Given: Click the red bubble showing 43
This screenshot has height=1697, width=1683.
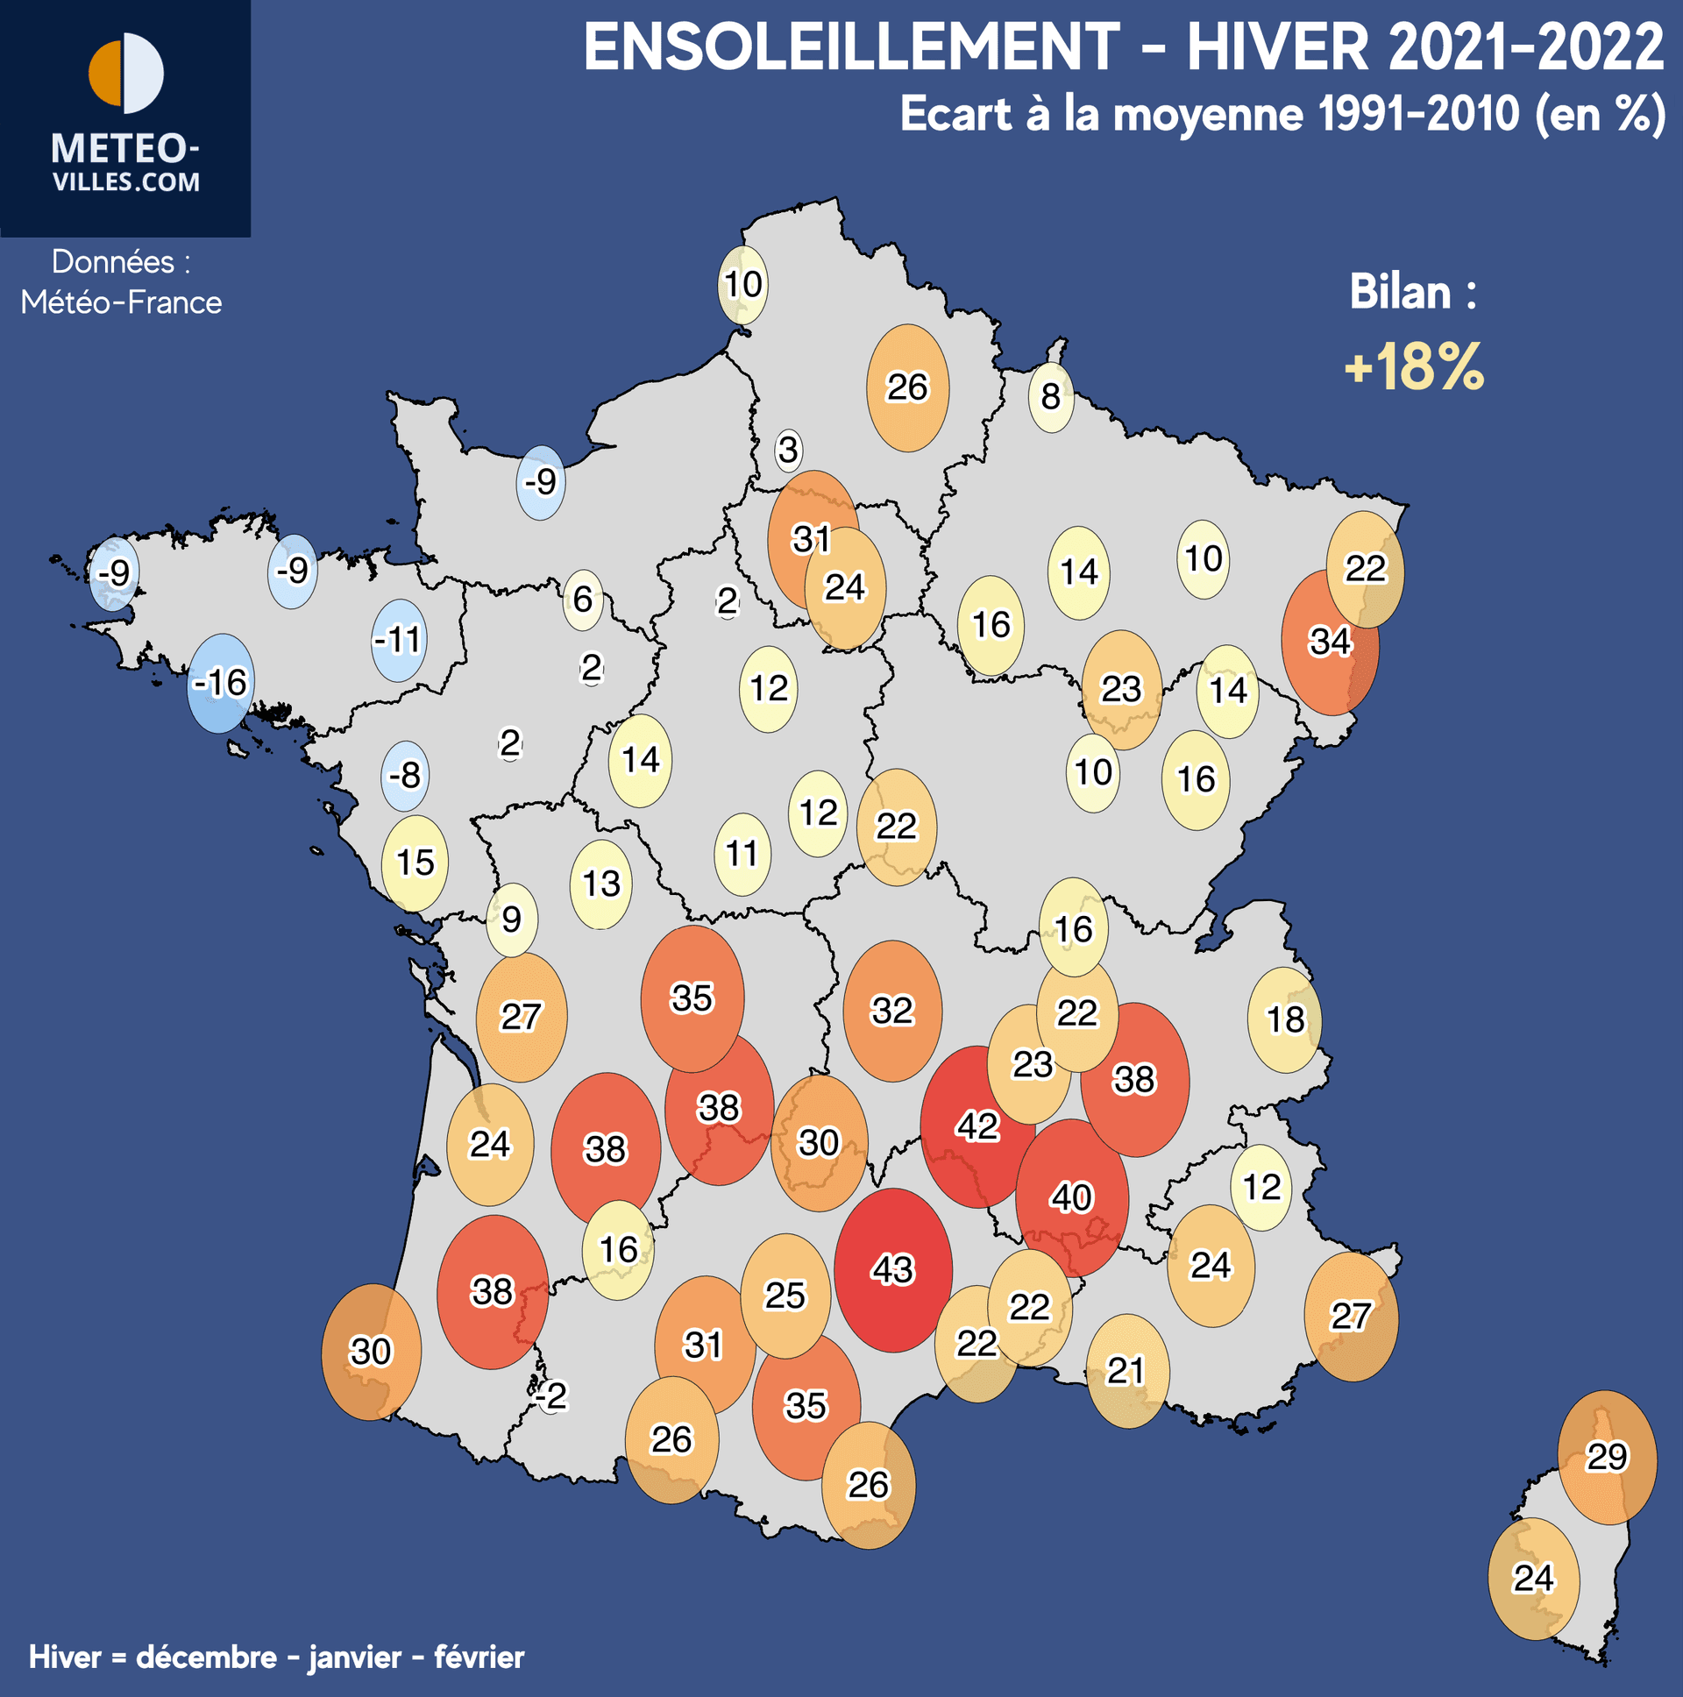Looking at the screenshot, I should [x=893, y=1270].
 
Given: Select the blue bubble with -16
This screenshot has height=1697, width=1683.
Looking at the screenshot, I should [x=222, y=683].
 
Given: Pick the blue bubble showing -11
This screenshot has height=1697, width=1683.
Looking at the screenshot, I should [x=399, y=640].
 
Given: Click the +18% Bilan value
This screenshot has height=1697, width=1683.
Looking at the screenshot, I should [x=1414, y=367].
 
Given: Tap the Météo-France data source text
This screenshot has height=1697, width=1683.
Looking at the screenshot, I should [x=121, y=302].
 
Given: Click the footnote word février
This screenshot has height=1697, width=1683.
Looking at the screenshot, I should [x=479, y=1658].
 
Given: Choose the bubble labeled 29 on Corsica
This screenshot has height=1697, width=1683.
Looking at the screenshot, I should [x=1607, y=1457].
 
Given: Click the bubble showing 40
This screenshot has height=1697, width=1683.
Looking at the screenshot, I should [x=1072, y=1197].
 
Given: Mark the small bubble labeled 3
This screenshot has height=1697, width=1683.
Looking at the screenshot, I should [x=788, y=450].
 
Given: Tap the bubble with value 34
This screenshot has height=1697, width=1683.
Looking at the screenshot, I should [x=1329, y=643].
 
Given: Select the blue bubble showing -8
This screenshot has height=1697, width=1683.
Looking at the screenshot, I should [x=405, y=776].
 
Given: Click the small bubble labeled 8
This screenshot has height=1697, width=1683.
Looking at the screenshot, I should [x=1050, y=397].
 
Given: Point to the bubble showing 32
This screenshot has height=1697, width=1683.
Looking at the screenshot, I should [x=892, y=1011].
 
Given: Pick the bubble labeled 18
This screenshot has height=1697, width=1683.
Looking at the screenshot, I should [x=1285, y=1019].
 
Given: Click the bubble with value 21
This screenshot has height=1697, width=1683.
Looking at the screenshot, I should [x=1127, y=1370].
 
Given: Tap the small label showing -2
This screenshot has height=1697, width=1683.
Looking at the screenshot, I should [x=552, y=1395].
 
